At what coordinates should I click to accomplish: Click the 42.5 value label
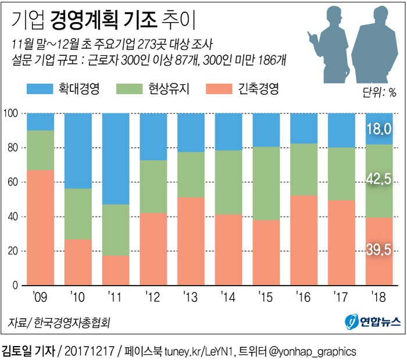click(379, 180)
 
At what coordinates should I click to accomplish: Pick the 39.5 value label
click(379, 249)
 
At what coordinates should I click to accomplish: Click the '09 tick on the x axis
click(40, 297)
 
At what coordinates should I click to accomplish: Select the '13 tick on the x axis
click(191, 297)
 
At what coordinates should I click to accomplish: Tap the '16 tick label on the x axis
click(304, 297)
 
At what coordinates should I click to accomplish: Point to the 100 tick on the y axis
click(11, 113)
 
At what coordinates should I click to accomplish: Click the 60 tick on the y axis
click(13, 182)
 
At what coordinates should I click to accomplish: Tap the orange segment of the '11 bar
click(116, 270)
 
